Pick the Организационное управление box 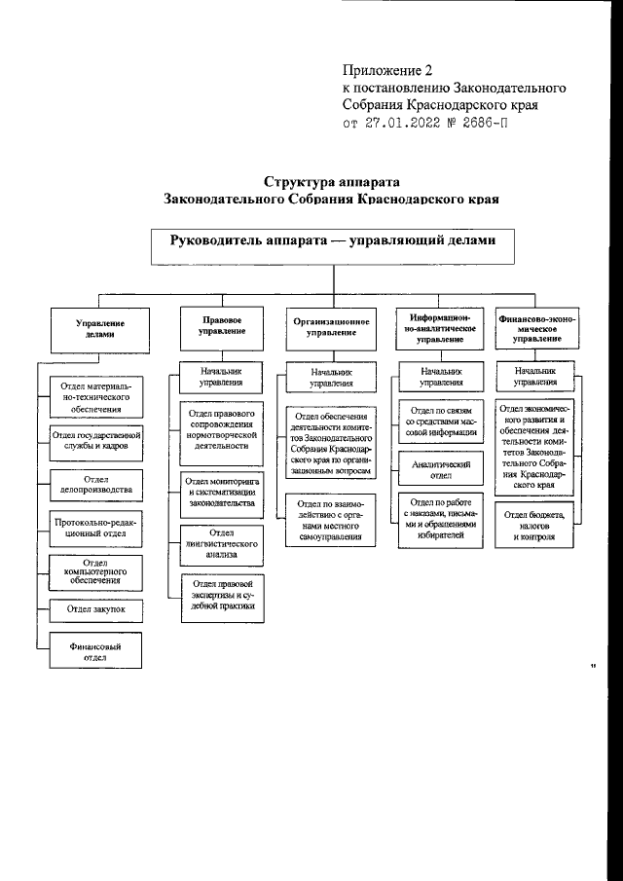point(332,329)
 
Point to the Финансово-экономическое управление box point(536,329)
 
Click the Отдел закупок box point(95,609)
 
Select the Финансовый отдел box point(94,650)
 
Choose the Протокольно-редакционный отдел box point(95,527)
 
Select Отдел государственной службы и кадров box point(95,440)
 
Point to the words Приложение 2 point(386,70)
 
